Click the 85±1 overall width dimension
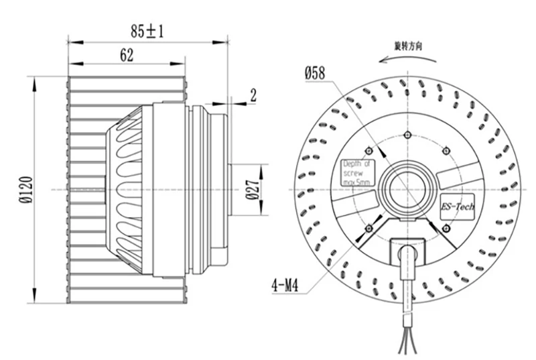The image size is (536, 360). pos(148,30)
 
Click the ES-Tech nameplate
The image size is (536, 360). pos(458,206)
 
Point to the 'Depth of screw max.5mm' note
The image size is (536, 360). pos(360,174)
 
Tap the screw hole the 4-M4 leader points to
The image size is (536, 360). pos(368,230)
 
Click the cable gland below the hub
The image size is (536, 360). pos(408,253)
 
